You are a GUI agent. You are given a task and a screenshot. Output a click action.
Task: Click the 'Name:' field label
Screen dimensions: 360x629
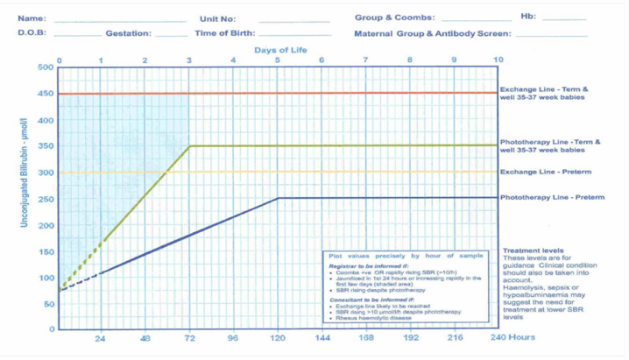pos(32,18)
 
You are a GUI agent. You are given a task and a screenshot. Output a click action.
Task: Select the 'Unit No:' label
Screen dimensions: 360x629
pos(217,18)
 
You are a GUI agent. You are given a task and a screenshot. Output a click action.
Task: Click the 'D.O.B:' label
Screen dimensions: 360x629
pos(32,33)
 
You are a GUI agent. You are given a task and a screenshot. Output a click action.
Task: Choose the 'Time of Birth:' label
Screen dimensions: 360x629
pos(226,33)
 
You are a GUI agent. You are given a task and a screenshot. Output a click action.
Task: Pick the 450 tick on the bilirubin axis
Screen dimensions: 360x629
pos(45,94)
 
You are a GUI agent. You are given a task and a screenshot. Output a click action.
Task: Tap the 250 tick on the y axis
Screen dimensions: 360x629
pos(45,199)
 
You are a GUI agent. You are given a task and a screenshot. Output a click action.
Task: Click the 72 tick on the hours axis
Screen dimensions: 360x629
pos(189,337)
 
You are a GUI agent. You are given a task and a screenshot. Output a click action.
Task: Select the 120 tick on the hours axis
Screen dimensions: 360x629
pos(278,337)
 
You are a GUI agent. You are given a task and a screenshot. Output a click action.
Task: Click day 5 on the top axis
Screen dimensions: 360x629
pos(278,60)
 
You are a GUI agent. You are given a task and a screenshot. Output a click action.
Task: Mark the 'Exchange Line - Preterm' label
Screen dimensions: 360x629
pos(545,173)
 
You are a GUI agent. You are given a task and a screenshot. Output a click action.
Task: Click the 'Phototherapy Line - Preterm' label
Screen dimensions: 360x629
pos(552,198)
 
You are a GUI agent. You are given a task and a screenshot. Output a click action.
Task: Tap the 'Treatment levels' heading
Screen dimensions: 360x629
pos(533,251)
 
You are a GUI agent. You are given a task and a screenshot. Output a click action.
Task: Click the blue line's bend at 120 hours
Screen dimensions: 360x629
pos(278,198)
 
